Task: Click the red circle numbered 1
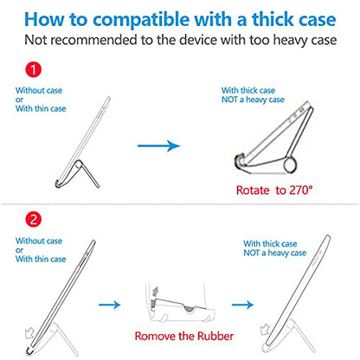point(34,70)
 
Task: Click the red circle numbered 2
point(34,219)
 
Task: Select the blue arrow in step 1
point(159,145)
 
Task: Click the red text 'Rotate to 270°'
point(274,190)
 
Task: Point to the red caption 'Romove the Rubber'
point(184,336)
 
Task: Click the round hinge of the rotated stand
point(290,165)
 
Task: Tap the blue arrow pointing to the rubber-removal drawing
point(110,305)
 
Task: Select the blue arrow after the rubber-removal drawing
point(242,305)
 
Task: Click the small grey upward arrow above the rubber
point(156,292)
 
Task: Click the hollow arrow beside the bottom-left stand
point(29,334)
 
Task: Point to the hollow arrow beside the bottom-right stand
point(265,330)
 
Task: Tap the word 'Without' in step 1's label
point(29,91)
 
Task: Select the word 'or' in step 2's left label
point(19,250)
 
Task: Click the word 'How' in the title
point(45,20)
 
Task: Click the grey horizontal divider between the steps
point(180,204)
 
